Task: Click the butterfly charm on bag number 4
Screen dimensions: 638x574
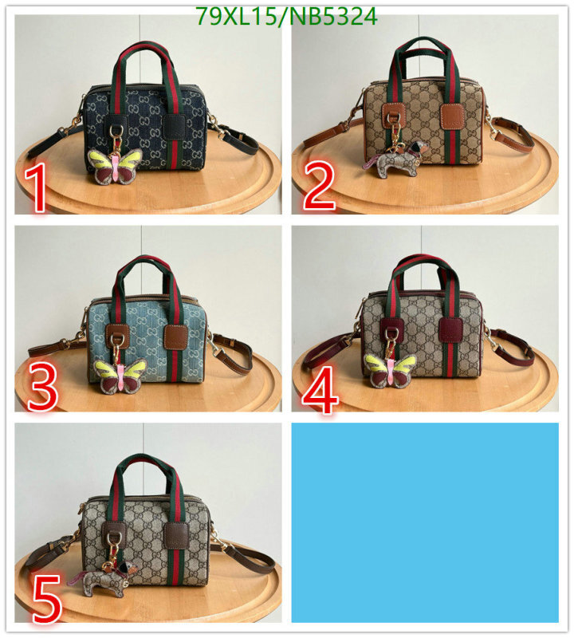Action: coord(391,369)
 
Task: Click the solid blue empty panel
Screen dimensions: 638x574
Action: coord(425,522)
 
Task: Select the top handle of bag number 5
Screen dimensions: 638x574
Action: coord(143,467)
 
